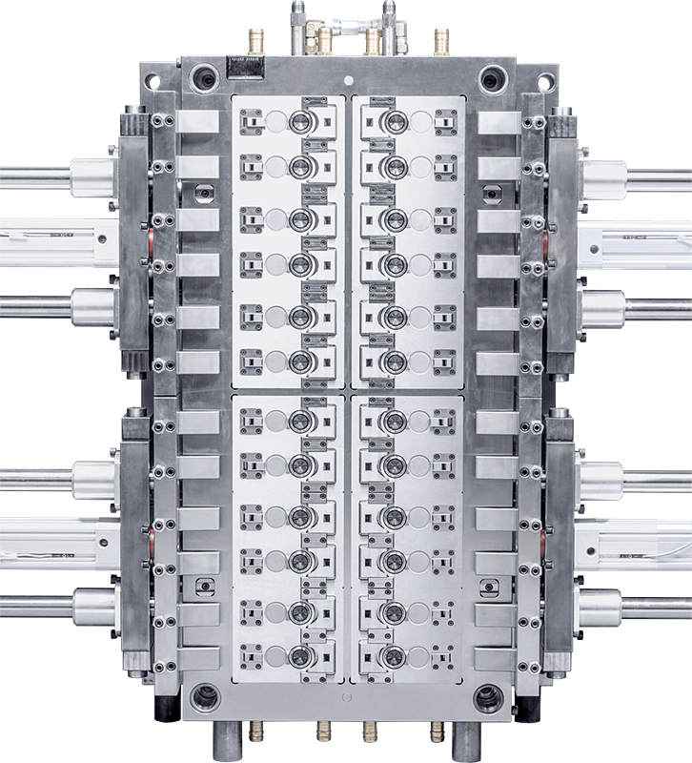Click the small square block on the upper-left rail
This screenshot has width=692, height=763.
(x=203, y=192)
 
